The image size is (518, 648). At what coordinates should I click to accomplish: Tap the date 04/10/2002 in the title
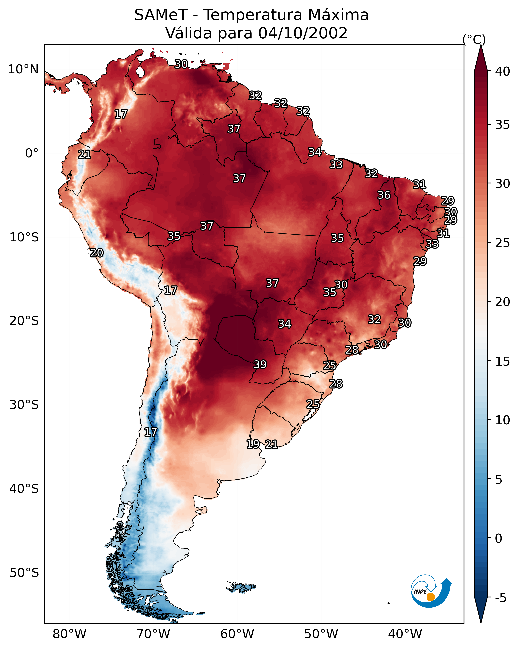click(x=303, y=33)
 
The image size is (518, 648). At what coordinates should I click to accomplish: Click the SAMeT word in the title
click(x=161, y=15)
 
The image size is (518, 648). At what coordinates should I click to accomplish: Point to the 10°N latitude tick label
click(x=23, y=69)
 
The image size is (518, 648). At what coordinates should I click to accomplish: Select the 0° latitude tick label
click(x=32, y=153)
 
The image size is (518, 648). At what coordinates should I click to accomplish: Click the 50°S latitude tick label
click(x=24, y=573)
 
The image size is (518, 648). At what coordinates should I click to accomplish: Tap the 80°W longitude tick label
click(x=69, y=634)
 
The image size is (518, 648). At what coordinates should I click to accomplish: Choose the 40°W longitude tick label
click(x=405, y=634)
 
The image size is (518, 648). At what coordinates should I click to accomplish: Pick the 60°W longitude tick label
click(x=237, y=634)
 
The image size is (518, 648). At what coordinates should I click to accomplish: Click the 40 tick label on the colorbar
click(x=503, y=71)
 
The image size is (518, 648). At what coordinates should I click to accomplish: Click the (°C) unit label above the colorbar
click(x=474, y=39)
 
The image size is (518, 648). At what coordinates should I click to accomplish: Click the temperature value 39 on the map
click(x=260, y=365)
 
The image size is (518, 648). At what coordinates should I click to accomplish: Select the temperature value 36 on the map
click(x=384, y=195)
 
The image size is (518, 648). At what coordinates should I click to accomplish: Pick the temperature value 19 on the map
click(x=253, y=444)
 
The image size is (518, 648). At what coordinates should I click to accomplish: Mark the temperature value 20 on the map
click(x=97, y=253)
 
